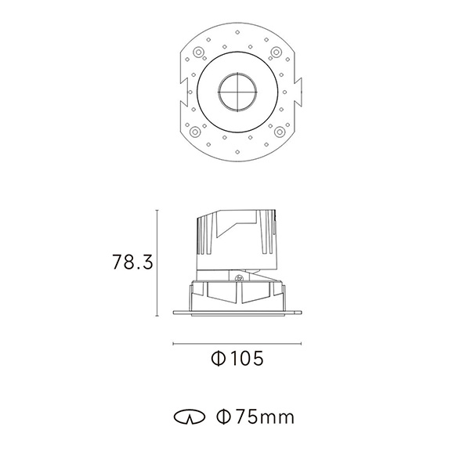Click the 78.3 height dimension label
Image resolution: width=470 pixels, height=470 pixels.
pos(132,262)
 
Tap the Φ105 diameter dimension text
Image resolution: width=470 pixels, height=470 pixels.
pos(237,358)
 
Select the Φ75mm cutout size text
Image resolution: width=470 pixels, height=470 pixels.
pos(255,417)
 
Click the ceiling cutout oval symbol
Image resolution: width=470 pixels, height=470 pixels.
pos(190,417)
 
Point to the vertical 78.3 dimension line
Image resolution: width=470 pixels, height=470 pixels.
pos(157,263)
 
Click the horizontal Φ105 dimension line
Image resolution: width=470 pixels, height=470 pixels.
pos(237,344)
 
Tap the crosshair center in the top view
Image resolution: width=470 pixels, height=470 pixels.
pos(237,92)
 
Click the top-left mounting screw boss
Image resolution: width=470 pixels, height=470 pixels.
pos(198,52)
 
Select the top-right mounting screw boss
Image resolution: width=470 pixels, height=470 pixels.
pos(276,52)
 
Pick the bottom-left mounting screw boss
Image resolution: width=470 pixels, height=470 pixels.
pos(195,132)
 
